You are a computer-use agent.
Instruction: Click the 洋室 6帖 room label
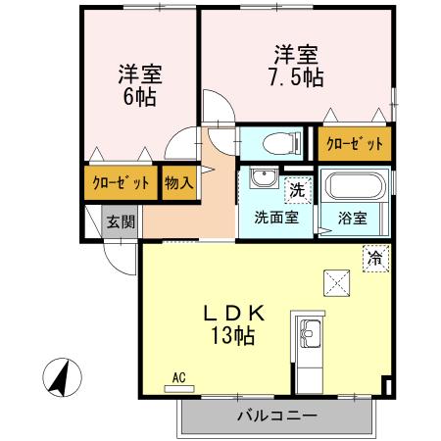(139, 85)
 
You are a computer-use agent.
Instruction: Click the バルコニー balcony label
(276, 416)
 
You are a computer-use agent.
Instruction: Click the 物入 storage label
(177, 183)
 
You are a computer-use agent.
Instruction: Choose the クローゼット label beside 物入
(122, 183)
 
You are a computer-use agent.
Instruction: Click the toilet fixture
(273, 143)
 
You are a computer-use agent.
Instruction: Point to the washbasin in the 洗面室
(261, 180)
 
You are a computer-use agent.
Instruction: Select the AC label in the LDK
(178, 376)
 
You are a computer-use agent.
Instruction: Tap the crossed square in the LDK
(339, 283)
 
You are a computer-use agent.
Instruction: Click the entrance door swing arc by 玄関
(118, 257)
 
